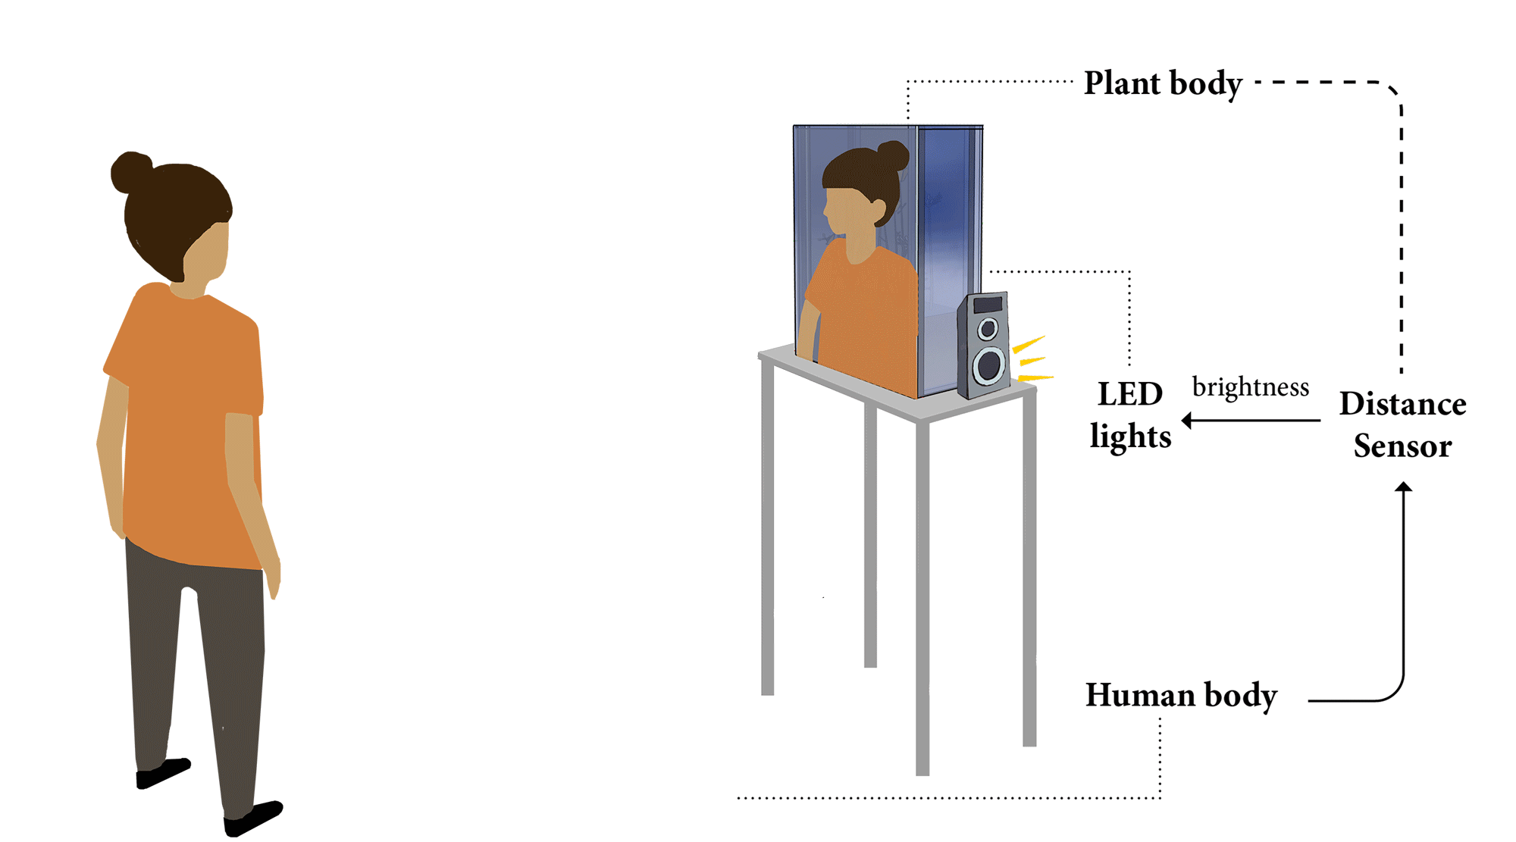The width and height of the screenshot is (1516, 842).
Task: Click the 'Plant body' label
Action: (x=1163, y=83)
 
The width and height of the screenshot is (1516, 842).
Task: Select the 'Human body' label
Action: (x=1181, y=695)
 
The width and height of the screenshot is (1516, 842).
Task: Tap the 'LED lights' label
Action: (x=1130, y=415)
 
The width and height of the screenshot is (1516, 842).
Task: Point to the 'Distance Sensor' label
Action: (x=1403, y=424)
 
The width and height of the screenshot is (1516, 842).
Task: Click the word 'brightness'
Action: (x=1251, y=387)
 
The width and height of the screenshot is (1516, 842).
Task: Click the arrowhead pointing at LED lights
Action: (x=1187, y=420)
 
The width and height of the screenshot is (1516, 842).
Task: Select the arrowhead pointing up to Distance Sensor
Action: (x=1404, y=486)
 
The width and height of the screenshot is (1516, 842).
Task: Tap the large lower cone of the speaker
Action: (x=989, y=365)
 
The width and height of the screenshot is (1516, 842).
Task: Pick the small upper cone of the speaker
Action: (x=988, y=329)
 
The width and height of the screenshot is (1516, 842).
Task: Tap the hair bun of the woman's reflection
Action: (x=893, y=156)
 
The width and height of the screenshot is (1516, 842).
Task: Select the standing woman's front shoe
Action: (x=252, y=819)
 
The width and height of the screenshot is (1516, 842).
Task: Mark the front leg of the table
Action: (x=922, y=598)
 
